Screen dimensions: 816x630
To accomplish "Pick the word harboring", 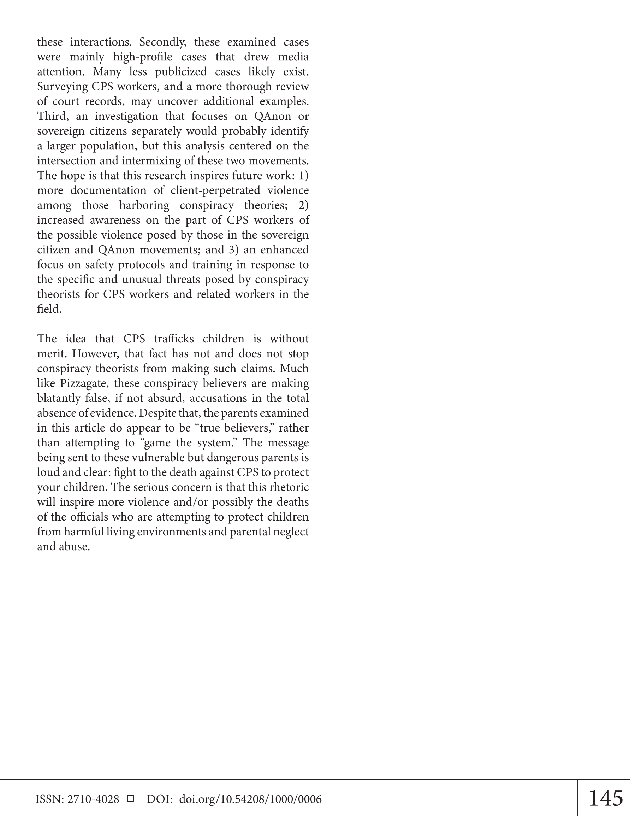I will (144, 205).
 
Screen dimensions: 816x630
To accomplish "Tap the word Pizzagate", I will (82, 384).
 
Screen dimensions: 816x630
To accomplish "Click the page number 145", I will (605, 798).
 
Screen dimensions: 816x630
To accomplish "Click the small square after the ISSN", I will (130, 799).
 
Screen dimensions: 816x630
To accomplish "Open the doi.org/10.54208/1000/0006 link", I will (250, 799).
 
